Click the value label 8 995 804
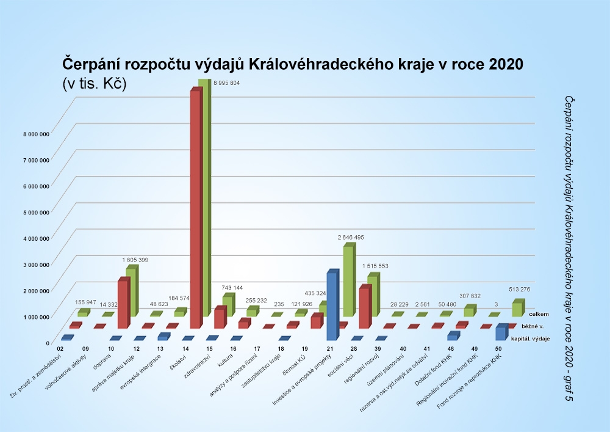(x=226, y=82)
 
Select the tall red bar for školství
(x=195, y=208)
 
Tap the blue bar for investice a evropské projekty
(x=332, y=306)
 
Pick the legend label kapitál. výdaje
(x=533, y=339)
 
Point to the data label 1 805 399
(x=135, y=260)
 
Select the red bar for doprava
(x=123, y=304)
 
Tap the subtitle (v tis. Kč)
(x=94, y=84)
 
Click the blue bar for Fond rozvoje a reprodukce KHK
(x=500, y=333)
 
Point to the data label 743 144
(x=235, y=287)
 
